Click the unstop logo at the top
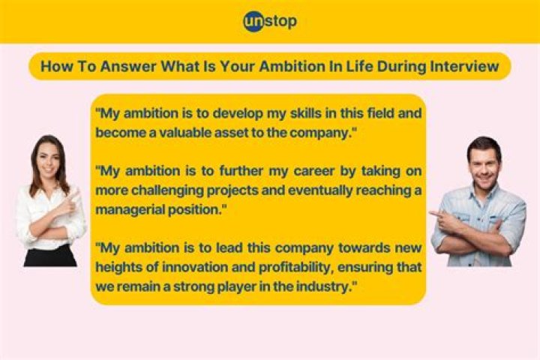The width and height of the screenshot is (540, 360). pyautogui.click(x=269, y=22)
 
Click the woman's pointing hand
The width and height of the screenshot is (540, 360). pyautogui.click(x=73, y=199)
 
